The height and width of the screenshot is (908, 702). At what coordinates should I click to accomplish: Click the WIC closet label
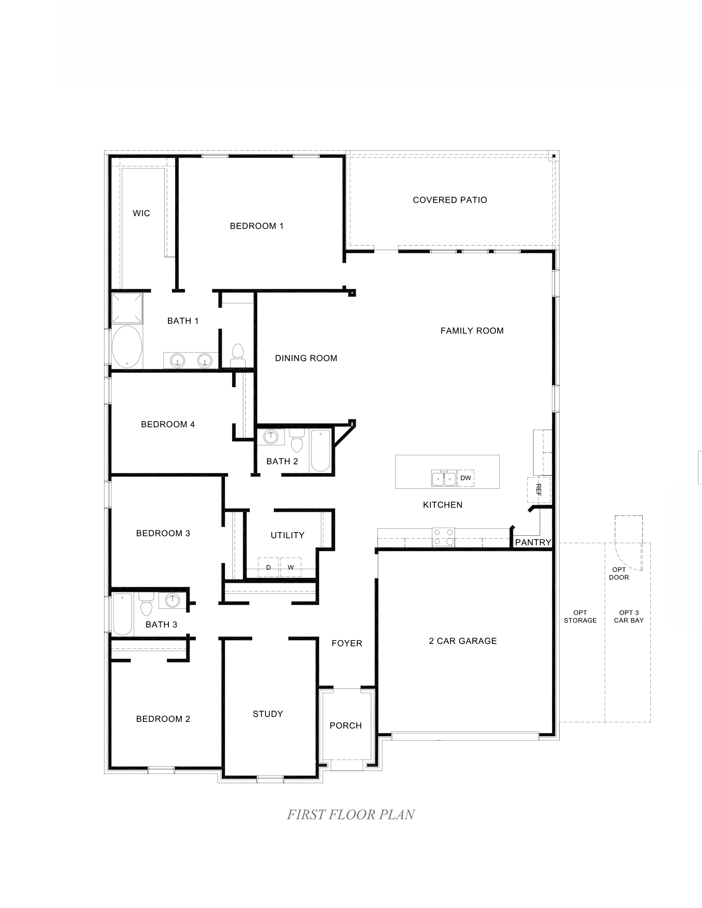coord(141,213)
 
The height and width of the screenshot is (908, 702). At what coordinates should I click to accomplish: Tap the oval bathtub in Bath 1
coord(127,347)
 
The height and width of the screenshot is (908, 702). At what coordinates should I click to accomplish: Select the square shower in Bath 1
coord(127,308)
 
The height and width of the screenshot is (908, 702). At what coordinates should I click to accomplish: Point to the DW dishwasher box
coord(466,478)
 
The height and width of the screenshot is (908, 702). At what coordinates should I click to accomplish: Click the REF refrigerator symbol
coord(538,490)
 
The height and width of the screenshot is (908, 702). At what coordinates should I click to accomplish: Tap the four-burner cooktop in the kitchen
coord(443,537)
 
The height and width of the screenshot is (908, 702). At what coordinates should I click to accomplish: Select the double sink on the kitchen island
coord(444,479)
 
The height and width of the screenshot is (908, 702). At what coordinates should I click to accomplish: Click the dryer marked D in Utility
coord(268,567)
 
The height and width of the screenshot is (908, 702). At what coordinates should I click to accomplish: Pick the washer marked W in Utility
coord(291,567)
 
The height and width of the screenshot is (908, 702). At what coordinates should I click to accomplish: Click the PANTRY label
coord(533,543)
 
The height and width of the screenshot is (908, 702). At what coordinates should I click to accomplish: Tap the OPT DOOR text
coord(619,573)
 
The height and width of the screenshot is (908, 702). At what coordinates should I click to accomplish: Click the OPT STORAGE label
coord(580,616)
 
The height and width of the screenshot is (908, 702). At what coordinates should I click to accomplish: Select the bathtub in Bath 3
coord(122,614)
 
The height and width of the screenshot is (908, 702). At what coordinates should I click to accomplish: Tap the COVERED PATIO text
coord(450,200)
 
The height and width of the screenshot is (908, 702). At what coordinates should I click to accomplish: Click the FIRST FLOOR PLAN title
coord(351,814)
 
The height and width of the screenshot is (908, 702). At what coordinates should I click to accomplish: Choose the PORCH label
coord(346,726)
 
